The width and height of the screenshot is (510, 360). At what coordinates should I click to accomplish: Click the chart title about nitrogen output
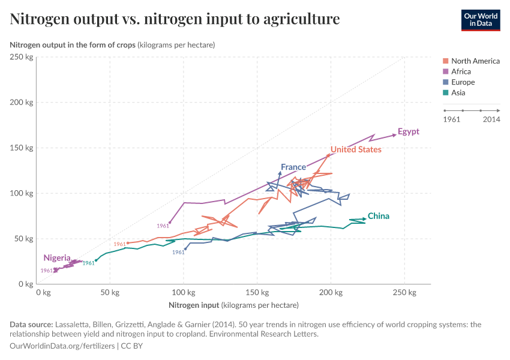[175, 19]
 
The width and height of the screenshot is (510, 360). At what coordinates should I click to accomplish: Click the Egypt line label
[409, 132]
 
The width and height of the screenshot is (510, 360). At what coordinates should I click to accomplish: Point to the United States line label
[356, 149]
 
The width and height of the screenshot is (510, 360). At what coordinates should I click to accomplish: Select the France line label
[293, 167]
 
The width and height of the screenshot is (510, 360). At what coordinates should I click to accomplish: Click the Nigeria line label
[57, 258]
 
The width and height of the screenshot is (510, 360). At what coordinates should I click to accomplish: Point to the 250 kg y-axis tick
[22, 57]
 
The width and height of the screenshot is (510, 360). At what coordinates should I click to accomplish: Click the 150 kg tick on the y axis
[22, 148]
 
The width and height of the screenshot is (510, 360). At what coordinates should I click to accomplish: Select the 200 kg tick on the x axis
[330, 292]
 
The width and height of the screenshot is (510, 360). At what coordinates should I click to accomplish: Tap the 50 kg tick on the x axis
[110, 292]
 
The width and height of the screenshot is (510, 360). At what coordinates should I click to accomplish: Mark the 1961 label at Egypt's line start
[163, 226]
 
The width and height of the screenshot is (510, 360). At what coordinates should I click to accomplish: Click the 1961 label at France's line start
[178, 253]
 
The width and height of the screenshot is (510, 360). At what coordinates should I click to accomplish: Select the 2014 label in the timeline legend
[491, 119]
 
